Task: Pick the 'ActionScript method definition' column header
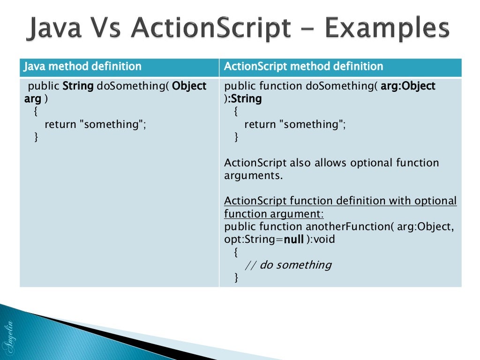point(303,67)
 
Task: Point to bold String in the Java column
point(78,86)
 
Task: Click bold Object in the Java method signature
point(189,86)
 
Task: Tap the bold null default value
point(294,240)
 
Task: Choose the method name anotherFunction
point(347,227)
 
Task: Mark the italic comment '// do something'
point(288,265)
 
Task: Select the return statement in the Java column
point(95,124)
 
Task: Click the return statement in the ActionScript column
point(295,124)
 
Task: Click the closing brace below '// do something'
point(236,277)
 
